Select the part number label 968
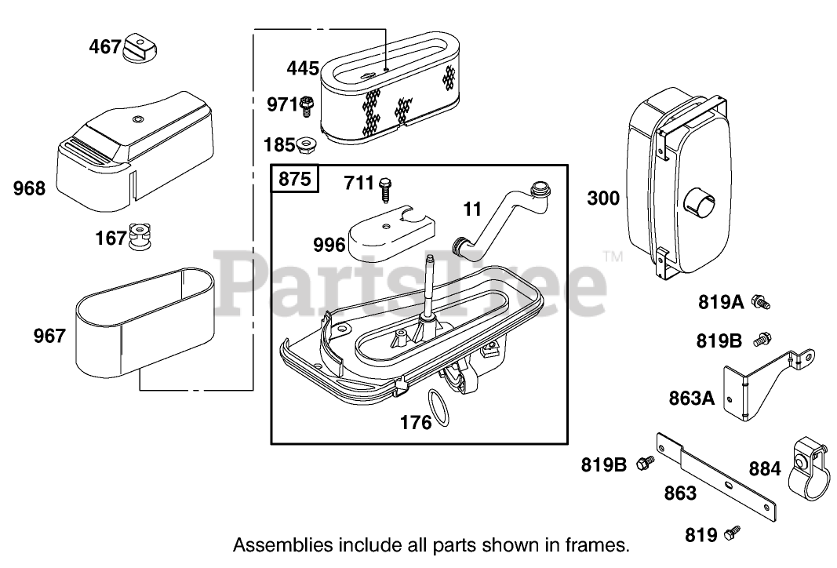[29, 188]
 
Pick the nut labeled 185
[306, 145]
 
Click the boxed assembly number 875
[294, 179]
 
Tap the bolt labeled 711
[384, 188]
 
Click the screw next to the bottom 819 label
[732, 532]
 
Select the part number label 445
[303, 68]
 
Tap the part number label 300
[603, 198]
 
